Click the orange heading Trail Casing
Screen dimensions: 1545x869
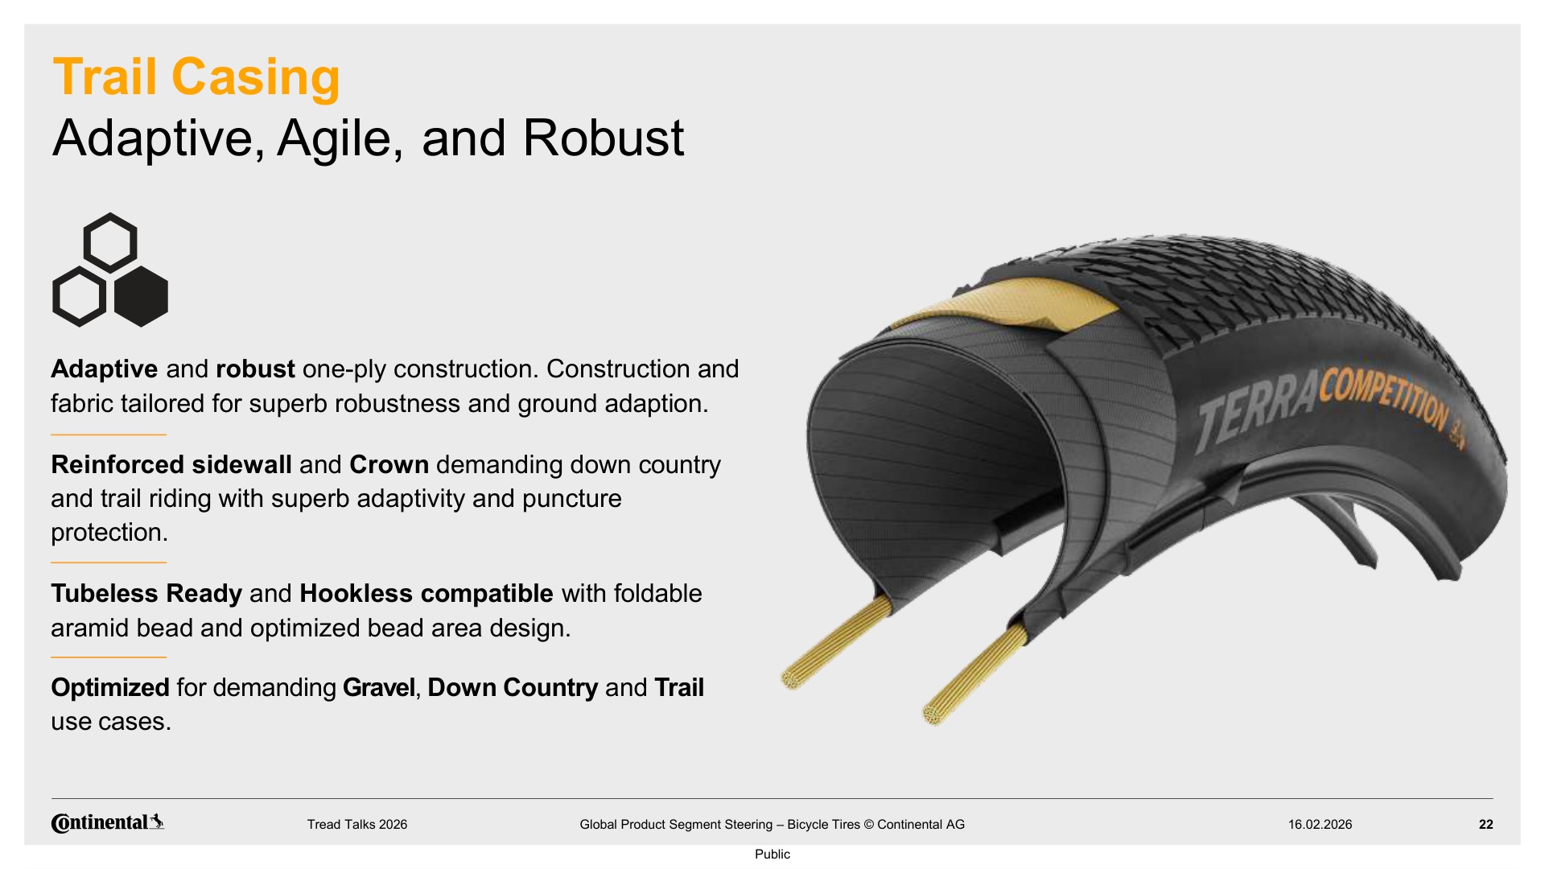point(196,77)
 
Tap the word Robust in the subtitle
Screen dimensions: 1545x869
point(604,138)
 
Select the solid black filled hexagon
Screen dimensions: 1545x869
point(142,297)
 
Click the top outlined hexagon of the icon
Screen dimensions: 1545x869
point(110,242)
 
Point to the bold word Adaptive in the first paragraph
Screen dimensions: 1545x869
point(105,369)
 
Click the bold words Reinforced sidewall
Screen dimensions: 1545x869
point(171,465)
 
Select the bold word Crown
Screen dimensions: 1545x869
point(389,465)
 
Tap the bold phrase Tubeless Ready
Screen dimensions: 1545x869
point(146,594)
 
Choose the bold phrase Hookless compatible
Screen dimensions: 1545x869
point(426,594)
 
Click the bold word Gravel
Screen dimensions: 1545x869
point(379,688)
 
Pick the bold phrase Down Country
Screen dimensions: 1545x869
point(513,688)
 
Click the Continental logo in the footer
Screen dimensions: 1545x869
point(108,823)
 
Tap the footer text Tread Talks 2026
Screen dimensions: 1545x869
point(357,825)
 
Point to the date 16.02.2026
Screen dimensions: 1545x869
point(1320,825)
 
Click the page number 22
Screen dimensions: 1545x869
point(1486,825)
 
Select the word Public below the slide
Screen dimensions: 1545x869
point(772,855)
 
